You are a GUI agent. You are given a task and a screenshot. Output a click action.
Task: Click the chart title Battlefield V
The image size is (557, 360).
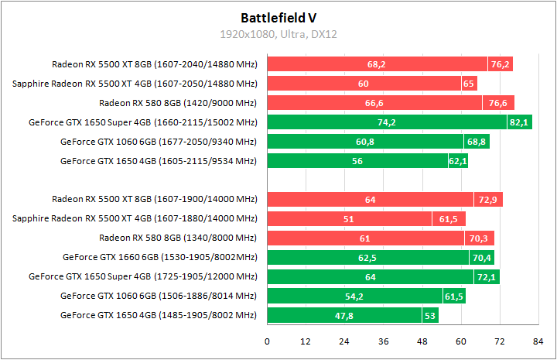pyautogui.click(x=278, y=16)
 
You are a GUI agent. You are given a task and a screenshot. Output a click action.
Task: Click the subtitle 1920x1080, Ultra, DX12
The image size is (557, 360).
pyautogui.click(x=278, y=34)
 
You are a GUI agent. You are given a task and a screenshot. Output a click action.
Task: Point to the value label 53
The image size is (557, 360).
pyautogui.click(x=430, y=316)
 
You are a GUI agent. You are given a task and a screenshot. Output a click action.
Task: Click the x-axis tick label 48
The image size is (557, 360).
pyautogui.click(x=422, y=341)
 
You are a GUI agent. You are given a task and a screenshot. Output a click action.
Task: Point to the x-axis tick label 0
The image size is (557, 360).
pyautogui.click(x=268, y=341)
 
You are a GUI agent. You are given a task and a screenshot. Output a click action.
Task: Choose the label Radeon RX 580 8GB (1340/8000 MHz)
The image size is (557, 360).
pyautogui.click(x=178, y=238)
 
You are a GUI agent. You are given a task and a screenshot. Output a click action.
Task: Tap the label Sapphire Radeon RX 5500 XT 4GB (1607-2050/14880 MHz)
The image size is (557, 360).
pyautogui.click(x=135, y=84)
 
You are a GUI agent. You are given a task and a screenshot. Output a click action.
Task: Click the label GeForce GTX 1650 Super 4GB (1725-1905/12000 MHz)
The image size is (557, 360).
pyautogui.click(x=142, y=276)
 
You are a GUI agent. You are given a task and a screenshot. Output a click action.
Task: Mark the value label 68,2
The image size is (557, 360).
pyautogui.click(x=377, y=64)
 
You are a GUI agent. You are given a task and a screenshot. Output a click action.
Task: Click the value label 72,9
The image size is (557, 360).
pyautogui.click(x=488, y=200)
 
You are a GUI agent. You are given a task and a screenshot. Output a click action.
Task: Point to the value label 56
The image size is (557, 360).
pyautogui.click(x=357, y=161)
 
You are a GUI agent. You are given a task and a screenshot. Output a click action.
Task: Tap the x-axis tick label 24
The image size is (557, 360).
pyautogui.click(x=344, y=341)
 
